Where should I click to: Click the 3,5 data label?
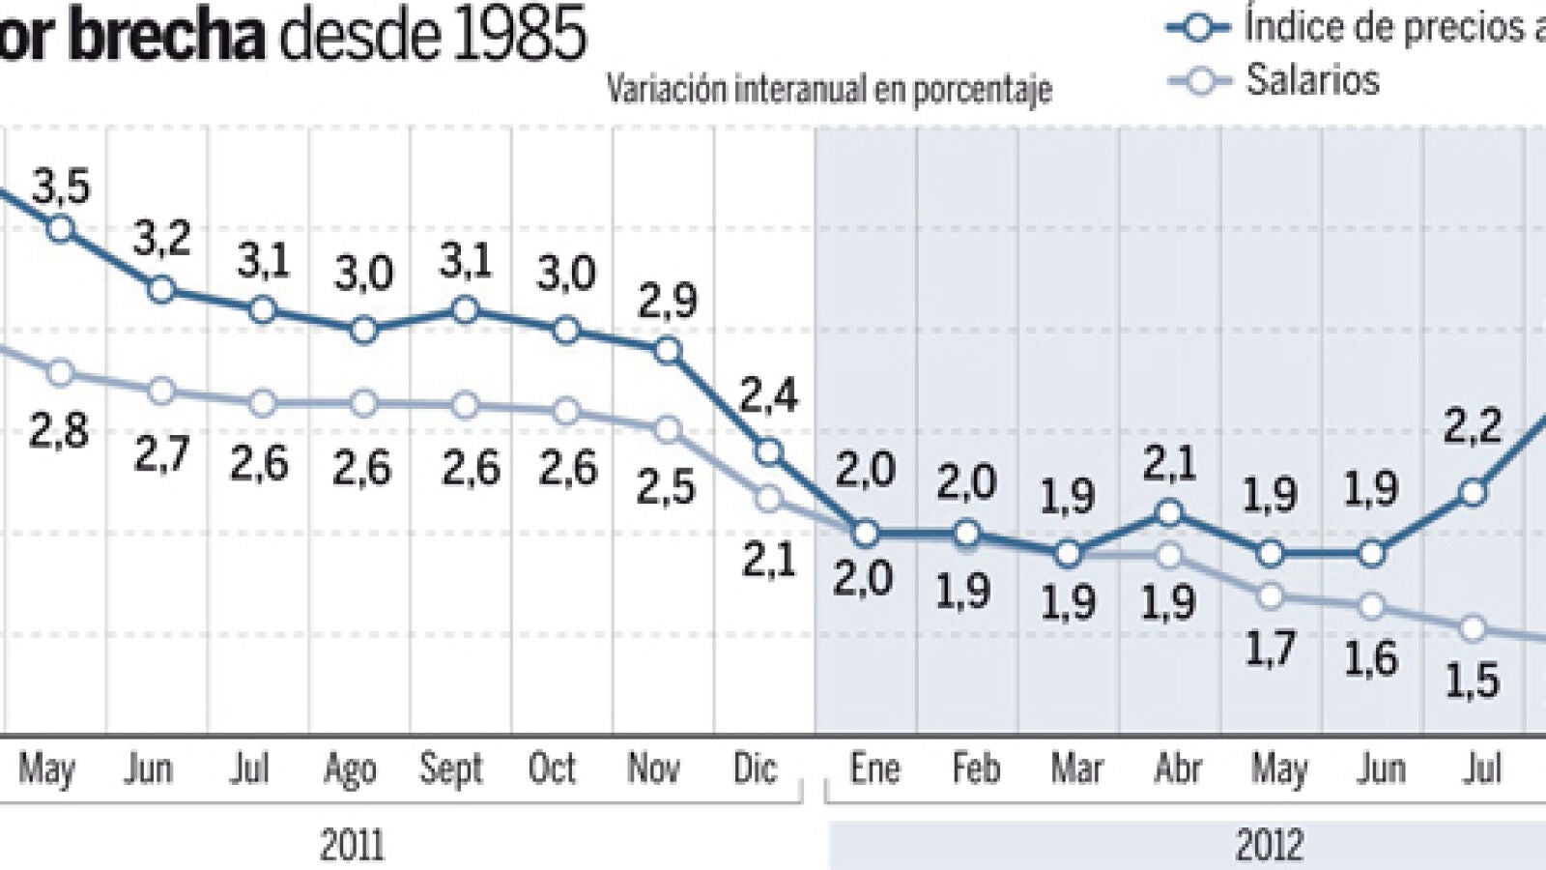click(x=60, y=187)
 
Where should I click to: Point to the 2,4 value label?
click(x=769, y=395)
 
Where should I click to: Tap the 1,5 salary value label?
click(x=1473, y=681)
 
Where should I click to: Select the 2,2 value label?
click(x=1473, y=425)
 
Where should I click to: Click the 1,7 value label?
click(x=1270, y=648)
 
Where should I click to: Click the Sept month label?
click(x=451, y=768)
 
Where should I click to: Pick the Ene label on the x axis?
click(x=874, y=768)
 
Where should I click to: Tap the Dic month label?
click(x=755, y=768)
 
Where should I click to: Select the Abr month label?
click(x=1178, y=768)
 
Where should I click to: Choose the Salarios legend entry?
click(x=1311, y=80)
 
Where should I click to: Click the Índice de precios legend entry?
click(x=1391, y=27)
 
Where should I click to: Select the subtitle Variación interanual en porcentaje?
click(x=829, y=90)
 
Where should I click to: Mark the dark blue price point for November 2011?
click(x=668, y=351)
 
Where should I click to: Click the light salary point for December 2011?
click(x=769, y=499)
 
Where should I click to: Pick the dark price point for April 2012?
click(x=1169, y=512)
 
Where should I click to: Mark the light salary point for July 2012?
click(x=1473, y=628)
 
